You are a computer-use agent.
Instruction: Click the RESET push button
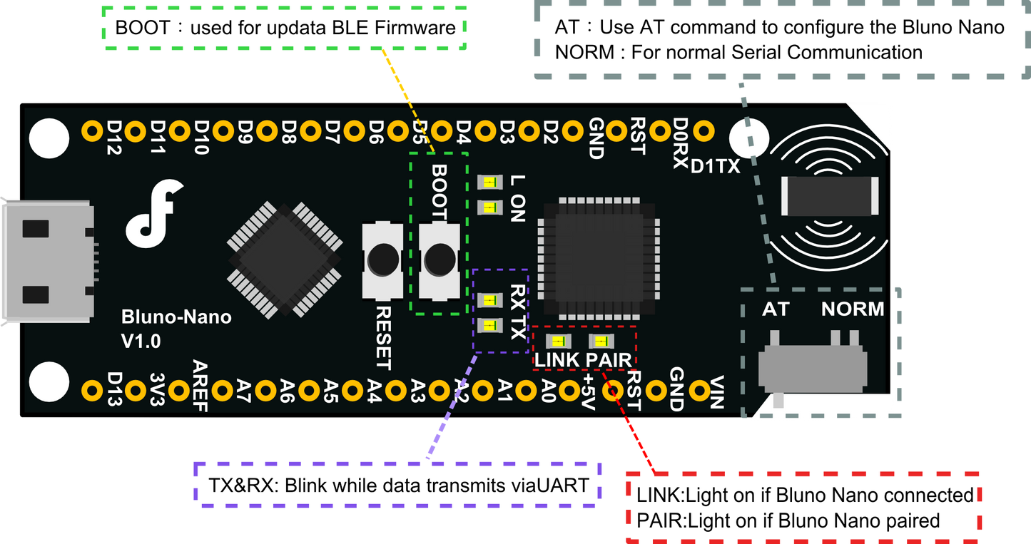(x=382, y=260)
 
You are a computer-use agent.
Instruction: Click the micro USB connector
(x=47, y=262)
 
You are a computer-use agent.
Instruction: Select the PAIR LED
(x=599, y=341)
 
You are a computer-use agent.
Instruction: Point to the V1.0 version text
(x=141, y=342)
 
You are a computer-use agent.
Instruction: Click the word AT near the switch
(x=776, y=309)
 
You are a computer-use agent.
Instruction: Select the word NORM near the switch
(x=852, y=309)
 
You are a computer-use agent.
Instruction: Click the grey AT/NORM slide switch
(x=812, y=367)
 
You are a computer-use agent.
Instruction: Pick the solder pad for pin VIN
(x=703, y=390)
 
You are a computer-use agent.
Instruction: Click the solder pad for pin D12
(x=92, y=130)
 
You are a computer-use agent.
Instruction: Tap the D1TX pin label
(x=715, y=167)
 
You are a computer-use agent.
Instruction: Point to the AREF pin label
(x=200, y=386)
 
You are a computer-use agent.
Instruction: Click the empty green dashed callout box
(x=285, y=29)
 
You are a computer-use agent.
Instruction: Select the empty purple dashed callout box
(x=398, y=485)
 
